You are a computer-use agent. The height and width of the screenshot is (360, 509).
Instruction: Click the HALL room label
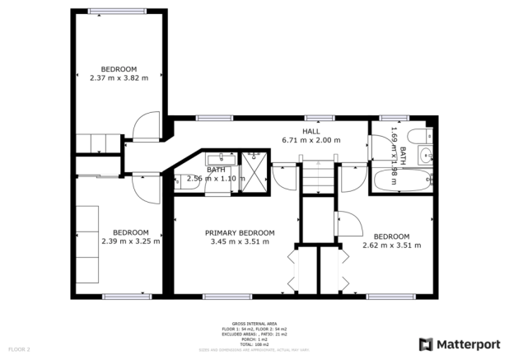(311, 131)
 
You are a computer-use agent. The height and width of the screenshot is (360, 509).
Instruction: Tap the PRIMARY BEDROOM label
(240, 233)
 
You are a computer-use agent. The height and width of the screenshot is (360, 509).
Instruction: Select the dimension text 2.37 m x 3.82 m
(119, 78)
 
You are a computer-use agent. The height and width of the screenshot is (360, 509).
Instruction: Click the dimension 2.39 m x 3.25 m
(130, 241)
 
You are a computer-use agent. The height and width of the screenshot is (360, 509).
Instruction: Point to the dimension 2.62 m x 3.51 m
(391, 245)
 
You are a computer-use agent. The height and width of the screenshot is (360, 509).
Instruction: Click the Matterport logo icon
(427, 344)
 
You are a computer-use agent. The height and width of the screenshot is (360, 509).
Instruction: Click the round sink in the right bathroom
(426, 154)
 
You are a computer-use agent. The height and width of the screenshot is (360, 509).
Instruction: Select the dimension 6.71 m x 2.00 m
(311, 140)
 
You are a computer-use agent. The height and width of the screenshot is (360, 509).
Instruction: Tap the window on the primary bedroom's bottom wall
(217, 295)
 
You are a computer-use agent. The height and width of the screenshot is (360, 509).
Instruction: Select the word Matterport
(469, 344)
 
